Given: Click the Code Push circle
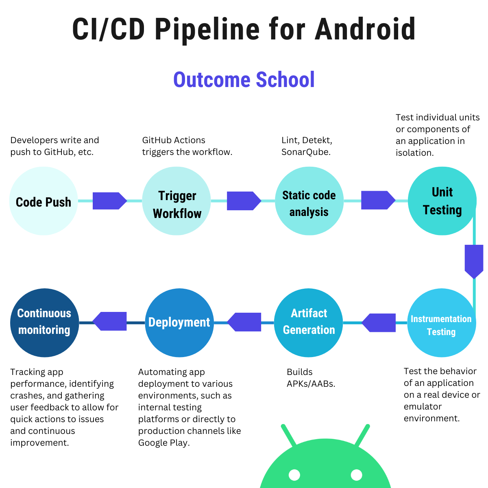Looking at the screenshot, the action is [x=44, y=201].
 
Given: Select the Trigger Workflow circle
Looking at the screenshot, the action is [x=176, y=201].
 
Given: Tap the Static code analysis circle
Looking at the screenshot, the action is [x=309, y=201].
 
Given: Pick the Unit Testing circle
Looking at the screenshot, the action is [x=442, y=201].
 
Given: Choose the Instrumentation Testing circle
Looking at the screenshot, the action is [x=441, y=323].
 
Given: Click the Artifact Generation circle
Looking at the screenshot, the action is [x=309, y=323].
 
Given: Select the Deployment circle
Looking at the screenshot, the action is [x=179, y=323].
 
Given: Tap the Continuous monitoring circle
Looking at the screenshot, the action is [x=44, y=323].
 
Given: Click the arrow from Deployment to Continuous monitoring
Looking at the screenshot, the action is [x=110, y=321].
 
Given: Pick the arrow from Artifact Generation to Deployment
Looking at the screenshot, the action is [x=244, y=322].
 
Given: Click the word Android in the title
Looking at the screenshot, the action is [x=365, y=29].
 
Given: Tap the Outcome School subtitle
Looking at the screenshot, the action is [x=244, y=80].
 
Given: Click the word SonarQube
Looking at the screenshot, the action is [x=305, y=152].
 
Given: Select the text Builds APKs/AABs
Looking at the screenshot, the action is [x=311, y=378].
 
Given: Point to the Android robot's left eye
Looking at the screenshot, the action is [x=294, y=475].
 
